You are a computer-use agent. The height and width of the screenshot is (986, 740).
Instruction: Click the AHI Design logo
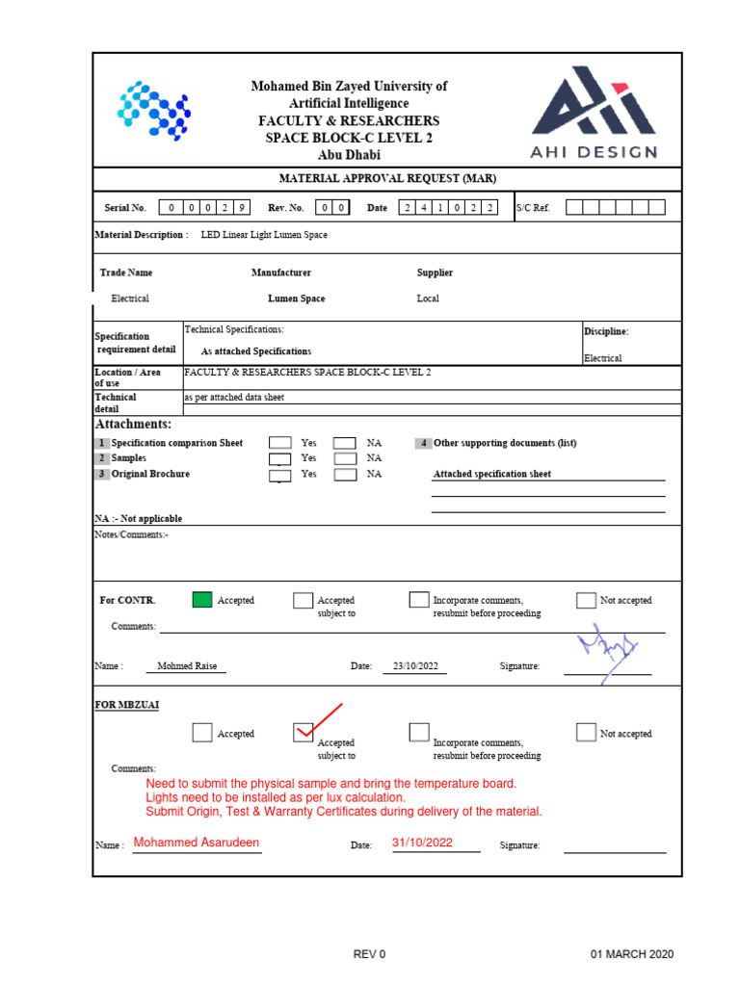(595, 112)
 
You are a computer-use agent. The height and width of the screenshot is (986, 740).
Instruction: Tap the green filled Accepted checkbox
(201, 600)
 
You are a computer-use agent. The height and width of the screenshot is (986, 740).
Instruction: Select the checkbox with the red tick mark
(304, 733)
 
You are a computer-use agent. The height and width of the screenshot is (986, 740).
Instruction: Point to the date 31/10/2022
(422, 843)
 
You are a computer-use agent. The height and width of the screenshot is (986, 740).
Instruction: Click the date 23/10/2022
(420, 666)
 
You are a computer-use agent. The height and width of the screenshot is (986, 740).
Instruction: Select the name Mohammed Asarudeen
(197, 843)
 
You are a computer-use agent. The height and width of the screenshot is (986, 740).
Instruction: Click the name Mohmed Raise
(187, 666)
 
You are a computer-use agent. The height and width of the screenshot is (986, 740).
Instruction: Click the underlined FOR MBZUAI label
(127, 705)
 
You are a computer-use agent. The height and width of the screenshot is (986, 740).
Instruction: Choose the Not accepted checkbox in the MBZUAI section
(586, 733)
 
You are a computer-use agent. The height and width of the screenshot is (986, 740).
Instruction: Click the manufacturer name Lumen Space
(296, 298)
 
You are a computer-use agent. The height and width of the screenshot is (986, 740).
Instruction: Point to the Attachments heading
(133, 424)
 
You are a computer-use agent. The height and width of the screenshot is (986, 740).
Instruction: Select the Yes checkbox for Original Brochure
(279, 474)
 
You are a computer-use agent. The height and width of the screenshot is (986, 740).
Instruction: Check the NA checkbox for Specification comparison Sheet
(345, 443)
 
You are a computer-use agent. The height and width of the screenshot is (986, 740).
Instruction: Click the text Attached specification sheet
(492, 474)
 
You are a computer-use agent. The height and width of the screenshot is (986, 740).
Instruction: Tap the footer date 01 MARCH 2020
(632, 954)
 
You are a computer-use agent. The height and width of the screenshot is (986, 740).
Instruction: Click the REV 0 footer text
(369, 954)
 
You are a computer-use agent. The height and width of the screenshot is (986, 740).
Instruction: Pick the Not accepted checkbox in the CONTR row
(586, 600)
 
